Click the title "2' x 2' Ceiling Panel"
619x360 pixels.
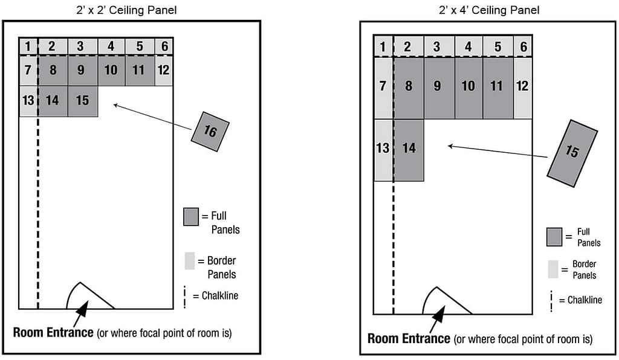pos(131,10)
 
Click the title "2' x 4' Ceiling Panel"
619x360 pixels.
pos(488,10)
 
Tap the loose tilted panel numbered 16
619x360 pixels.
pos(210,132)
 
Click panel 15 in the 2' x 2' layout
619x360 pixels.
pos(82,101)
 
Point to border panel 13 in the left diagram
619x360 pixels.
pos(28,101)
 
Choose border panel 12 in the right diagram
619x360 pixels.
pos(522,86)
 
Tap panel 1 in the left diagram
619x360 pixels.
pos(28,47)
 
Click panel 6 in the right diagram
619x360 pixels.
pos(523,47)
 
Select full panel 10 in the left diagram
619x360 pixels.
pos(111,71)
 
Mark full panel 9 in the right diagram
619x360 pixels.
pos(437,86)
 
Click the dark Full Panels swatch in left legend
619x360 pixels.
pos(191,217)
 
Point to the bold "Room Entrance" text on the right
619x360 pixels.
pos(408,338)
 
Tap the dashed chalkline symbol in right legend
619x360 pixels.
pos(551,301)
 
